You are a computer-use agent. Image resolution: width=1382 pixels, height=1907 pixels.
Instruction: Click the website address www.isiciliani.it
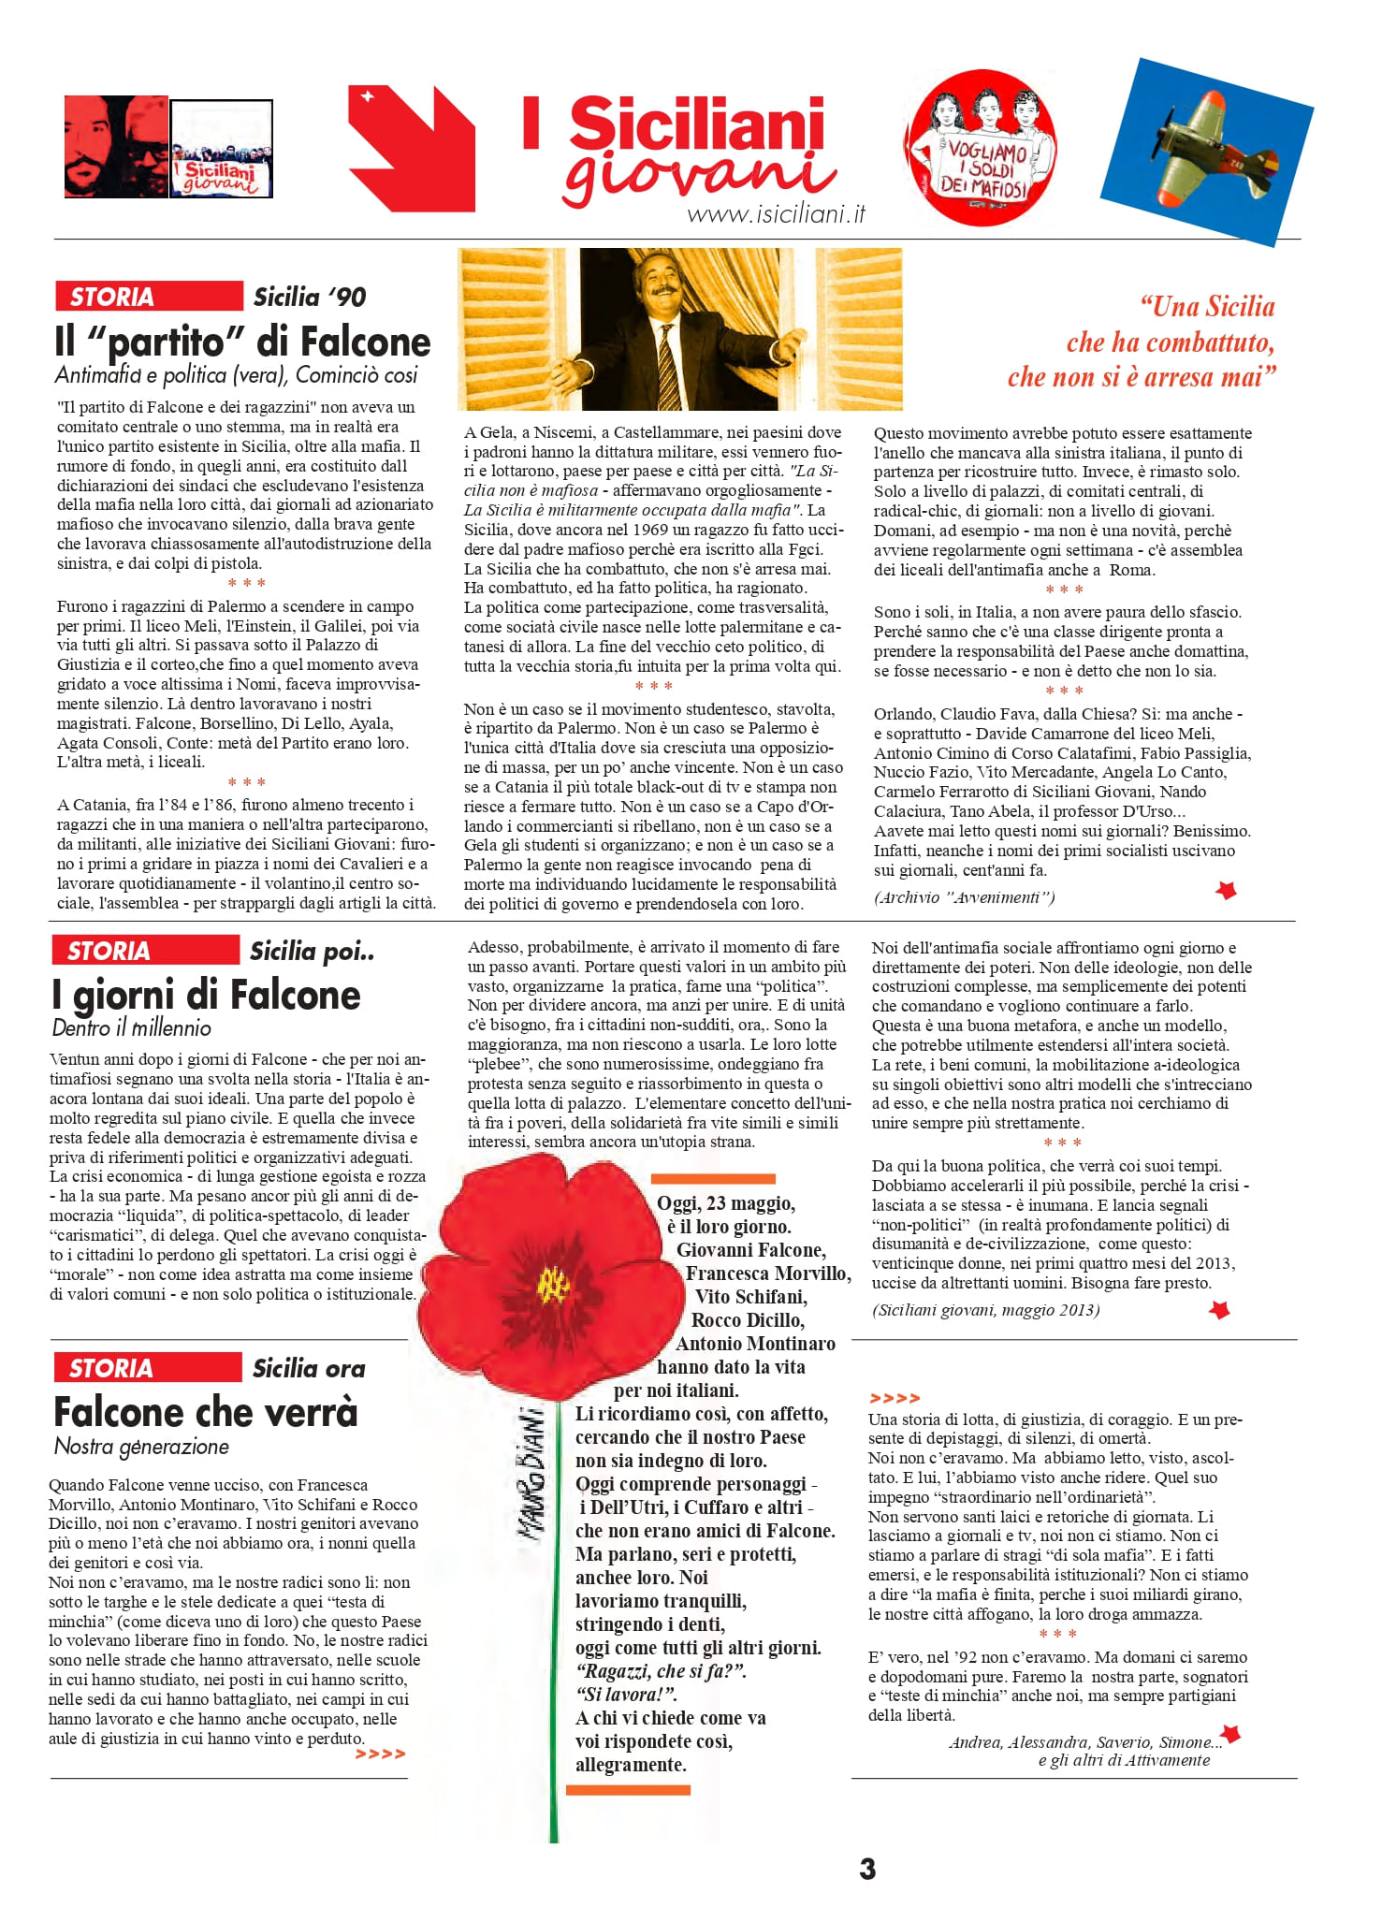pyautogui.click(x=776, y=214)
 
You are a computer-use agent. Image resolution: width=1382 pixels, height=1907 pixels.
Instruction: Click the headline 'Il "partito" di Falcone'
pyautogui.click(x=242, y=342)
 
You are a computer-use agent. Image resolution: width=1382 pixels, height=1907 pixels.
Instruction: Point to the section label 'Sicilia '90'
pyautogui.click(x=309, y=298)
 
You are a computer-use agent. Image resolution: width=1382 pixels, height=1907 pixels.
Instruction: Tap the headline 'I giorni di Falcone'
pyautogui.click(x=207, y=996)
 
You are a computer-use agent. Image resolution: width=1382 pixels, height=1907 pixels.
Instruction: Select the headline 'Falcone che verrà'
pyautogui.click(x=206, y=1412)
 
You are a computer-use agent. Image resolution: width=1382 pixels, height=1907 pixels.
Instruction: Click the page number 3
pyautogui.click(x=867, y=1869)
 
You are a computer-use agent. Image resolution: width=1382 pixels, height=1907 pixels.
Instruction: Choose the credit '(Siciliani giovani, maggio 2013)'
pyautogui.click(x=985, y=1310)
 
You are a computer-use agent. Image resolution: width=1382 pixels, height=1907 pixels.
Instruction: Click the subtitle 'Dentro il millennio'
pyautogui.click(x=132, y=1028)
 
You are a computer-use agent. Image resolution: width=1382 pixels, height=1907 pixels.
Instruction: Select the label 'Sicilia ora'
pyautogui.click(x=309, y=1369)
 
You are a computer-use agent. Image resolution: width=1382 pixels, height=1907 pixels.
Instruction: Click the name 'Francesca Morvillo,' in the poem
pyautogui.click(x=768, y=1274)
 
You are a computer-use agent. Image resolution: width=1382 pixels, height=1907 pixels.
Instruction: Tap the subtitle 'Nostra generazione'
pyautogui.click(x=141, y=1447)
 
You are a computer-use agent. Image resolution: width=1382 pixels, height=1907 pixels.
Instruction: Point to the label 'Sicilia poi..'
pyautogui.click(x=312, y=952)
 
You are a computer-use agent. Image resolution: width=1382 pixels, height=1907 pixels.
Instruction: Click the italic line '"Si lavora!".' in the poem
pyautogui.click(x=626, y=1695)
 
